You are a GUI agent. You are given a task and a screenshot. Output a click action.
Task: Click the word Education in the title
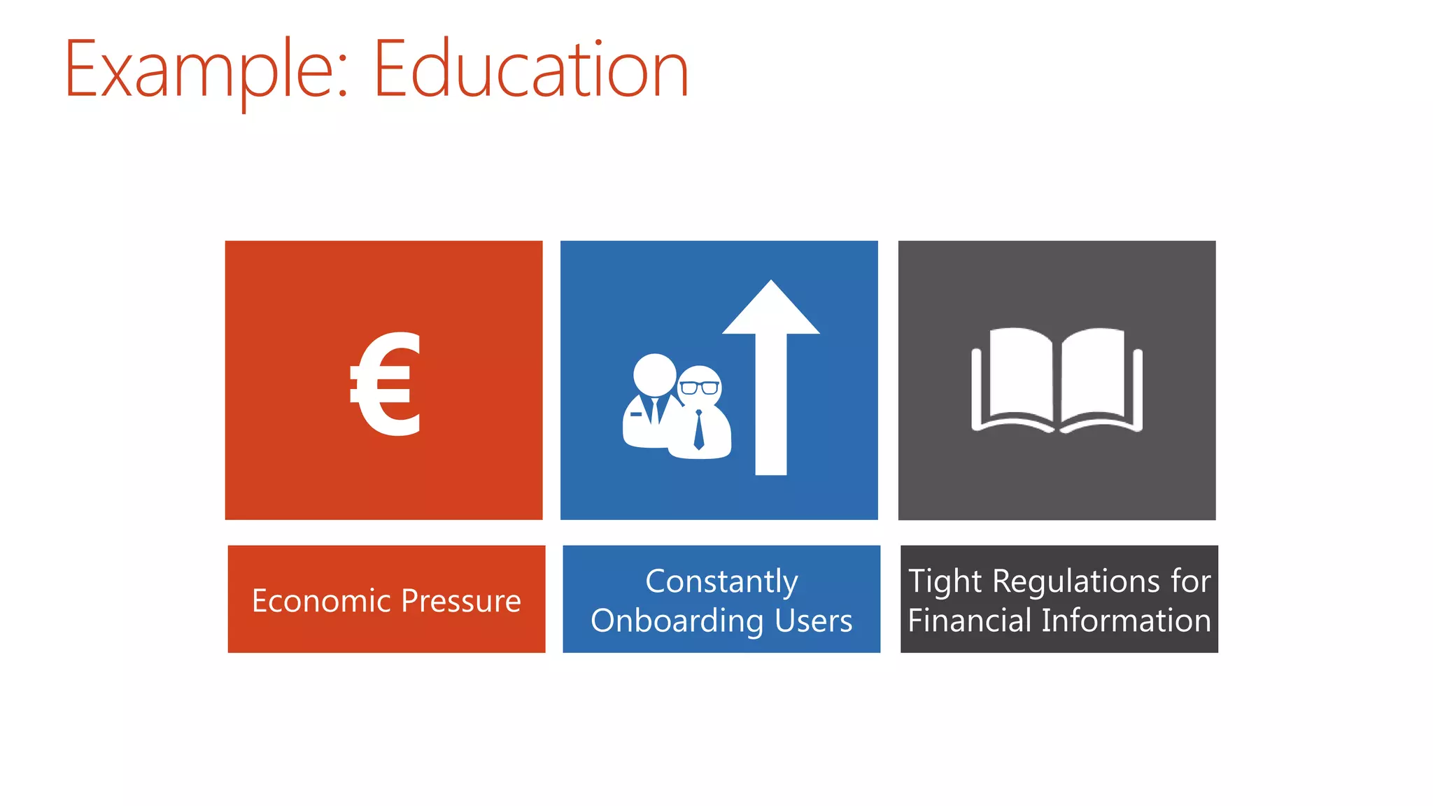click(532, 70)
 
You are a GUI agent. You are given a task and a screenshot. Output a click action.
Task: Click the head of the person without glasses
click(654, 374)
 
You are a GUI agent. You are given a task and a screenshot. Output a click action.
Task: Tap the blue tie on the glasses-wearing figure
click(698, 430)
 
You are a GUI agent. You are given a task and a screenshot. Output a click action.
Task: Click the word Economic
click(321, 601)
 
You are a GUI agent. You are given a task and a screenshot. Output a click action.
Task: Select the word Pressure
click(461, 601)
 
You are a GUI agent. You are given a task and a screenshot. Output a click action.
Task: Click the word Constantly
click(721, 582)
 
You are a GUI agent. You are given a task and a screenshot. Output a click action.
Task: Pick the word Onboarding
click(677, 621)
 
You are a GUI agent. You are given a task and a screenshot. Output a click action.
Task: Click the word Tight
click(945, 582)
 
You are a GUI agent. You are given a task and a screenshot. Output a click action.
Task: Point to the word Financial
click(969, 621)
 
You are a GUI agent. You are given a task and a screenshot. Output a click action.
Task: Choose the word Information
click(1126, 621)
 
